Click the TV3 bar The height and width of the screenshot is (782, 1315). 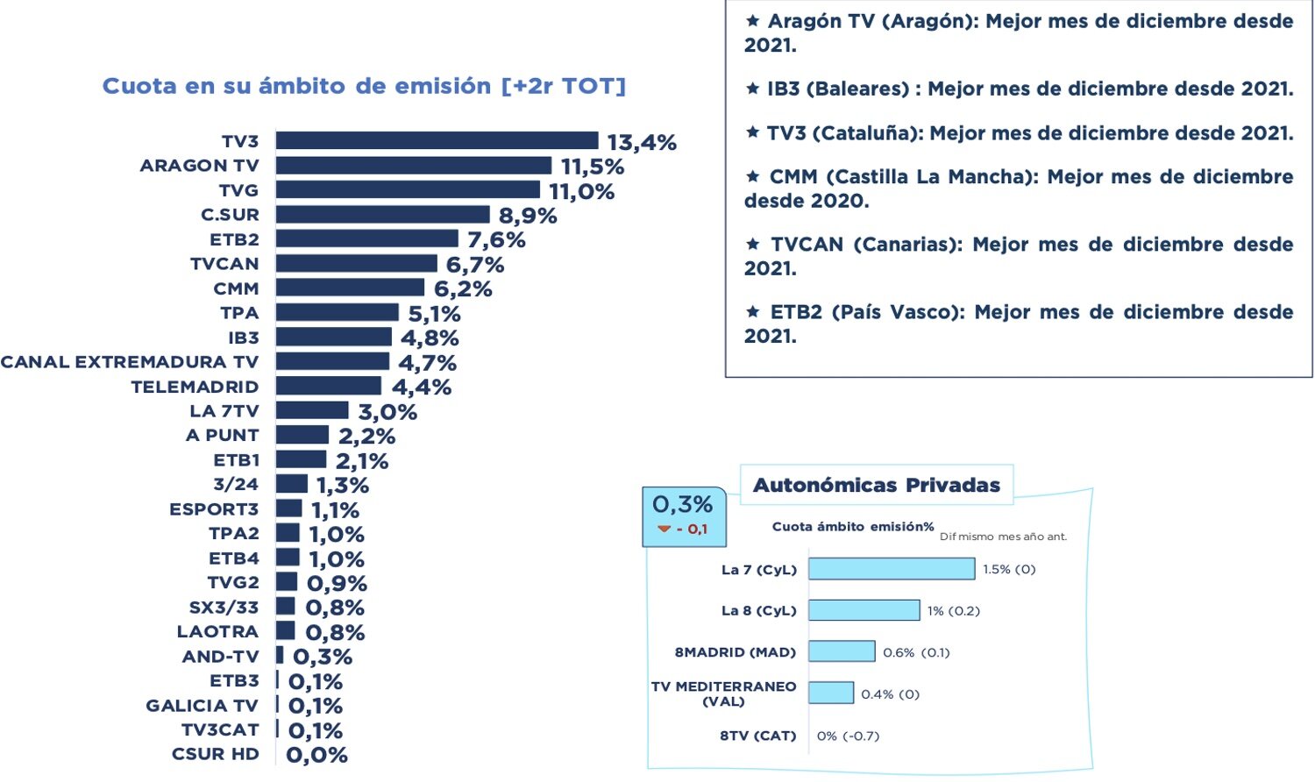click(x=437, y=140)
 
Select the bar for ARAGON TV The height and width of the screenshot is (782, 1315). click(x=414, y=165)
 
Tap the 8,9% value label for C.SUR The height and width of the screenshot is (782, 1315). click(x=528, y=216)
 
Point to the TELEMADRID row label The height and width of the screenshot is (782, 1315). click(x=195, y=387)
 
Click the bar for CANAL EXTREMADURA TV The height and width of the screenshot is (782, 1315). click(x=332, y=361)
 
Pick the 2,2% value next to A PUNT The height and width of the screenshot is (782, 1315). click(x=366, y=436)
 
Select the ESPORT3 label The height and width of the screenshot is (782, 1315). click(x=214, y=509)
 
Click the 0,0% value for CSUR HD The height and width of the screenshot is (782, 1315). click(x=316, y=755)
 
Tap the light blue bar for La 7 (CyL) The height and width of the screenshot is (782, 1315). click(x=891, y=569)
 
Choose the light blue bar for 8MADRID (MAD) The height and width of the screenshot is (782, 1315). click(x=842, y=651)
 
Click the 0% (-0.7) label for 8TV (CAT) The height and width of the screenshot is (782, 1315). click(x=848, y=736)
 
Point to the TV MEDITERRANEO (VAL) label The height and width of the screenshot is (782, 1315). click(x=723, y=693)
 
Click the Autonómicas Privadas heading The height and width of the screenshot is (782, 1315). click(x=876, y=485)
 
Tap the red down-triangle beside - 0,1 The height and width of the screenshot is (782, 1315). click(x=664, y=529)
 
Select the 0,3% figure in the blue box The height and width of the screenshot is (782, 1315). click(x=682, y=504)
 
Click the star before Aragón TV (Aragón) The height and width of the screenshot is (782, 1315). click(x=752, y=20)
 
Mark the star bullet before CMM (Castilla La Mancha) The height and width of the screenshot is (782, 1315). click(x=752, y=176)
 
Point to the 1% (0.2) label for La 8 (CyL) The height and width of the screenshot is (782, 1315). click(x=953, y=611)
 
